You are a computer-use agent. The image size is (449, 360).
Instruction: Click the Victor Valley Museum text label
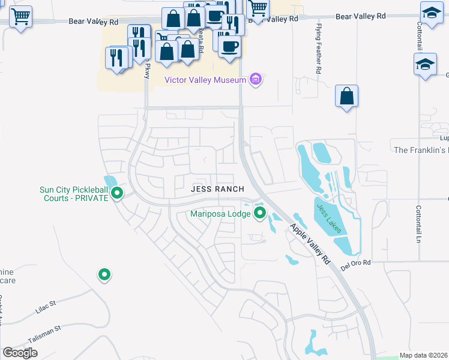[x=205, y=80]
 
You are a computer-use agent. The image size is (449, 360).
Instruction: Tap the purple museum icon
[x=256, y=80]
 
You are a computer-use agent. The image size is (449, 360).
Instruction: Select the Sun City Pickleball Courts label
[x=74, y=194]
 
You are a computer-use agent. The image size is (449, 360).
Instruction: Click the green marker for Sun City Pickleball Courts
[x=118, y=193]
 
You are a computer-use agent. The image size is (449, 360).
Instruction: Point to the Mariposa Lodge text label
[x=220, y=213]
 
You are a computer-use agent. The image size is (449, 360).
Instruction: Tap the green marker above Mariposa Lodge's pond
[x=260, y=213]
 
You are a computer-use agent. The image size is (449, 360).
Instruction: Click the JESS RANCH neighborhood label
[x=217, y=189]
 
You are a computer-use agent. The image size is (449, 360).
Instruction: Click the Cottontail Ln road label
[x=418, y=224]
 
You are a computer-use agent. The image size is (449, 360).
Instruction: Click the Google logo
[x=20, y=353]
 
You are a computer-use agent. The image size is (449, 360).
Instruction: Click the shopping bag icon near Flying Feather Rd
[x=347, y=97]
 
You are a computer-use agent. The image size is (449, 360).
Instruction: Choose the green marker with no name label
[x=104, y=275]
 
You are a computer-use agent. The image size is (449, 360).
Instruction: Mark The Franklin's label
[x=420, y=149]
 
